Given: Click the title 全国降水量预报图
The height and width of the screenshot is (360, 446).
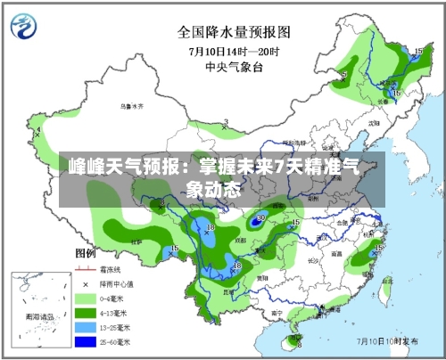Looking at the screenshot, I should pos(235,32).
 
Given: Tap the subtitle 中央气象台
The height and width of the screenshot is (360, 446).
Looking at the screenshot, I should pos(234,65).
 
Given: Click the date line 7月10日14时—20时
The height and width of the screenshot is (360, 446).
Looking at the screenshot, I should pos(234,50).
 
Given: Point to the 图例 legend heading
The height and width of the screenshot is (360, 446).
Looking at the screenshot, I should pos(86,254).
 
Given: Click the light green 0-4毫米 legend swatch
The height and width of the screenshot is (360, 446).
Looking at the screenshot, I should pos(86,297).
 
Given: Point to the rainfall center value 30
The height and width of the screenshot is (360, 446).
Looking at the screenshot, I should pos(260,217).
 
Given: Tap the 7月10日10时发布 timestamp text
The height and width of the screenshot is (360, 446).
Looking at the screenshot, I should pos(388,340).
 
